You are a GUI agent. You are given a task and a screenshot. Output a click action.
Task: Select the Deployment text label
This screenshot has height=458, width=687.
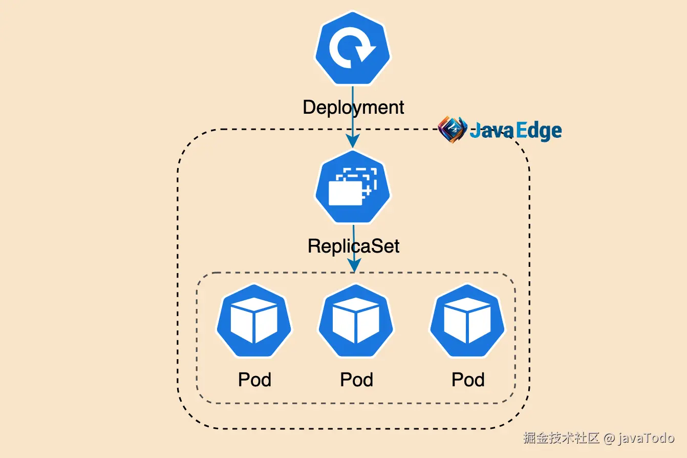[353, 108]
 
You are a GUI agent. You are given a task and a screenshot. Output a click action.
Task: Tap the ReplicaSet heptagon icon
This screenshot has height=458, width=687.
[352, 188]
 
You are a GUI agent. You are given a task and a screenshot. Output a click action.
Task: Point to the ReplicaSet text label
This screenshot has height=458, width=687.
[353, 246]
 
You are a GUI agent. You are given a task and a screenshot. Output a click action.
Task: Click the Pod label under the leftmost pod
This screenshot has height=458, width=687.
[254, 380]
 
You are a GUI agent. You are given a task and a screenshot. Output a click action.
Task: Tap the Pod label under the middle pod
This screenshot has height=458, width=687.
[356, 380]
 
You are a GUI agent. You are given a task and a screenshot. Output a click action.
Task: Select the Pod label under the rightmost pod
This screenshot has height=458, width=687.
[468, 380]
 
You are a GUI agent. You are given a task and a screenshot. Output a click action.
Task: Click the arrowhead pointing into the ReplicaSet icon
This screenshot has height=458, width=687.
[353, 141]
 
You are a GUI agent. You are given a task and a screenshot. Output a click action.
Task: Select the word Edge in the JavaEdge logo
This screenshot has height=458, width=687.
[539, 131]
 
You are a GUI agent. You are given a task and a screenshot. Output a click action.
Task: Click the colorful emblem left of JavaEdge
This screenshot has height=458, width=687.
[453, 129]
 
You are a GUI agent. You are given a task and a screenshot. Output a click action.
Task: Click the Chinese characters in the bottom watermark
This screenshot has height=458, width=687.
[561, 439]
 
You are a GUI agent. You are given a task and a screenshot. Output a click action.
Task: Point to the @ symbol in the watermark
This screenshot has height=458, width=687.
[609, 439]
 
